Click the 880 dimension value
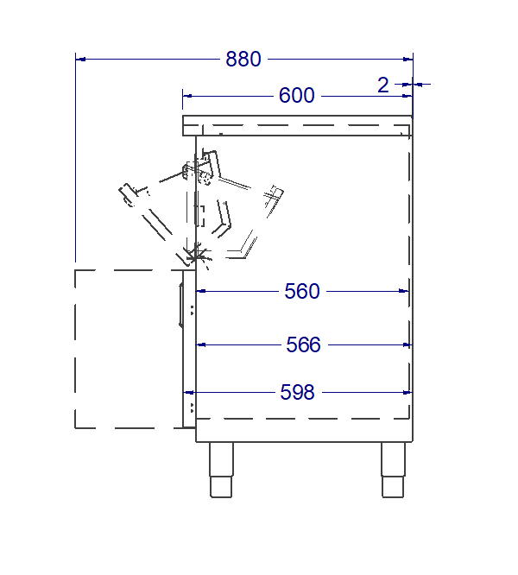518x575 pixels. click(243, 59)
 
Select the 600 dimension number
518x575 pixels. click(297, 95)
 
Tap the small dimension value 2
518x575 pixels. click(383, 85)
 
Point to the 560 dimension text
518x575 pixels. click(302, 291)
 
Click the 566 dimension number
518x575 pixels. click(304, 344)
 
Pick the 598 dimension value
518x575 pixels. click(297, 392)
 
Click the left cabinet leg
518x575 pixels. click(221, 470)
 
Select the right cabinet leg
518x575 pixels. click(393, 470)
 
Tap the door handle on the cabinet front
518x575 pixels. click(181, 305)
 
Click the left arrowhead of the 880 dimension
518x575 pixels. click(80, 59)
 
